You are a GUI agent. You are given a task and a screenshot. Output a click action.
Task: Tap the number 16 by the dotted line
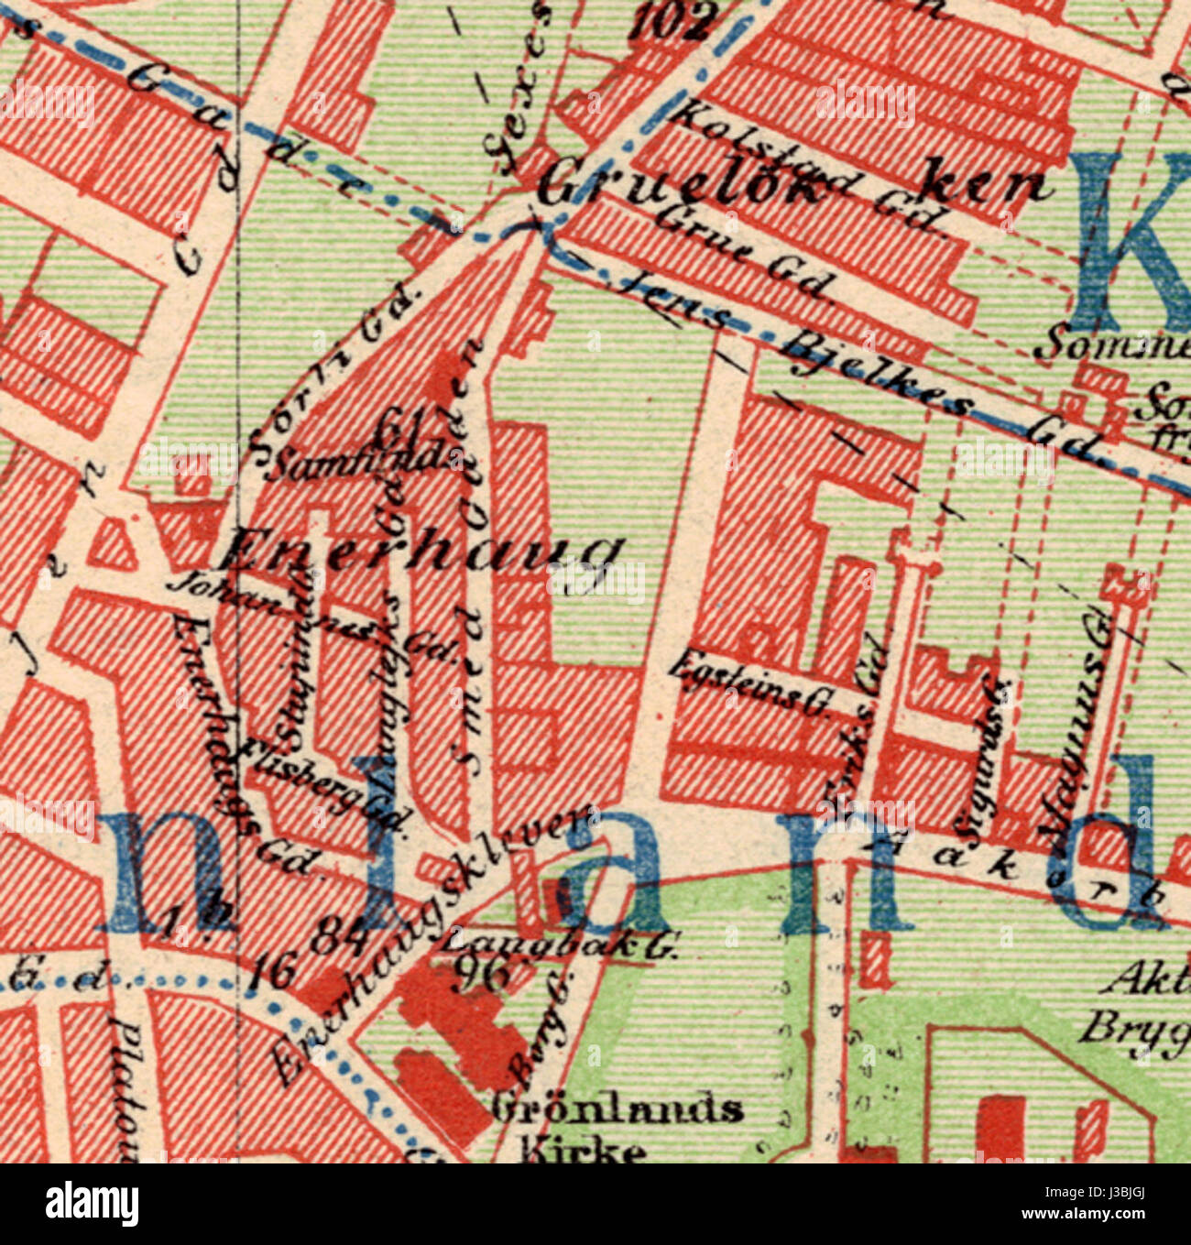pos(271,971)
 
